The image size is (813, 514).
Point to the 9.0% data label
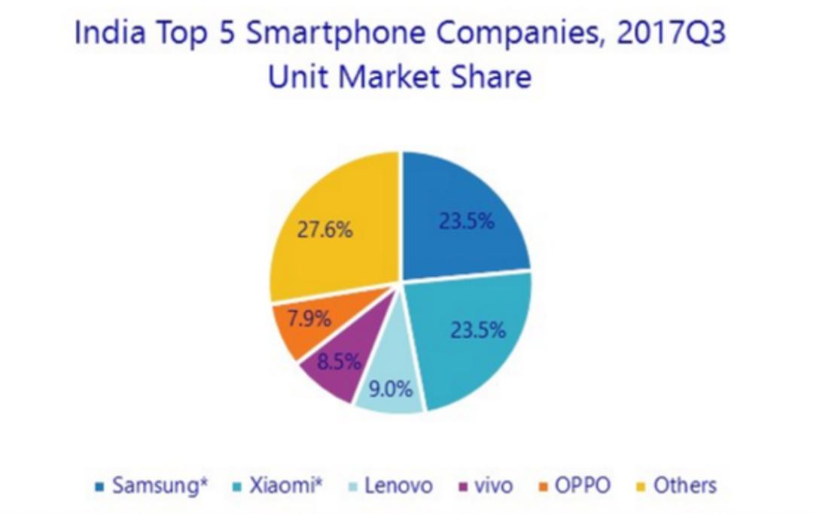(391, 390)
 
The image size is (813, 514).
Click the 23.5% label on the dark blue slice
(467, 222)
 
